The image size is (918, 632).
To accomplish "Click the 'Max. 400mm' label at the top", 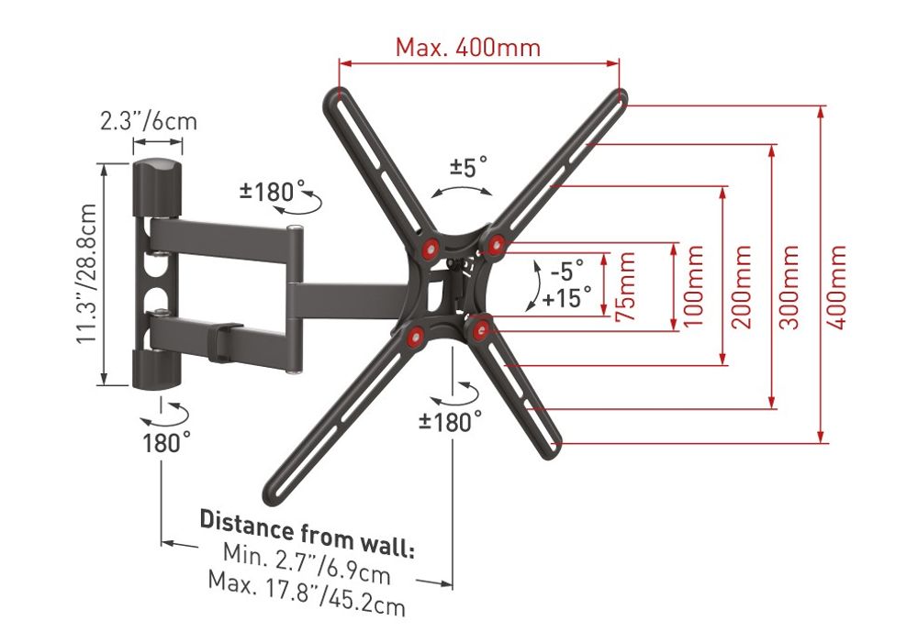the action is pos(468,47).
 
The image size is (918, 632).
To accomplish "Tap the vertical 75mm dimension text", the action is pos(626,286).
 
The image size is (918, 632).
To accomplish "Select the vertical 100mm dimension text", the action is pos(694,286).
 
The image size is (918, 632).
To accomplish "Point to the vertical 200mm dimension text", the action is pos(742,286).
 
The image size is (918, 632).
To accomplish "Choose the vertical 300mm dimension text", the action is pos(789,286).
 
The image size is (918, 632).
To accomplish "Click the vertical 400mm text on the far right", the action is pos(837,286).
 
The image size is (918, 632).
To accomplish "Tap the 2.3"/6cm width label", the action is pos(149,121).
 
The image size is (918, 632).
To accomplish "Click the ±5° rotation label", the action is pos(468,167).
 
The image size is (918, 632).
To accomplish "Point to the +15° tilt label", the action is pos(566,297).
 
